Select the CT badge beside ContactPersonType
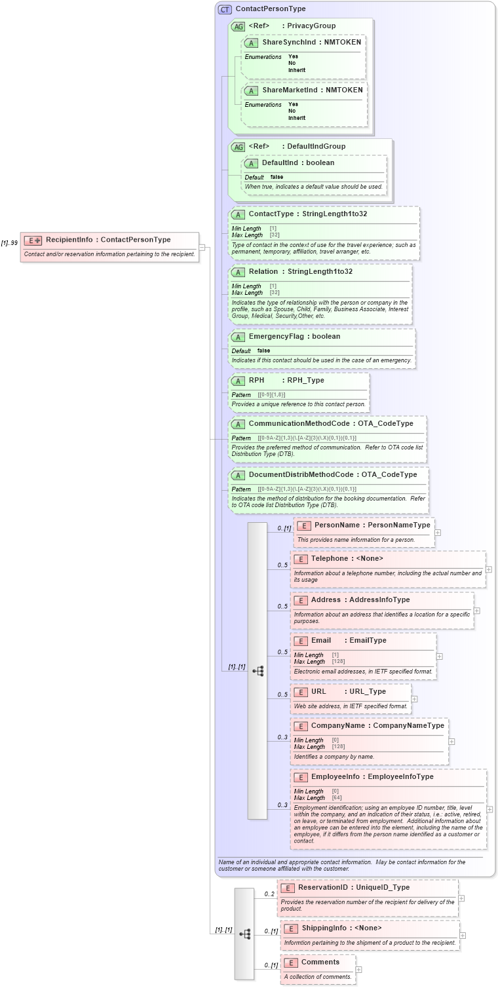(225, 9)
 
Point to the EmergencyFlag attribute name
(276, 336)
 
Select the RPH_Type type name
(305, 380)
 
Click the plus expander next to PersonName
(438, 533)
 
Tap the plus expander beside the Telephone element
(489, 569)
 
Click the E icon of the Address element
(301, 600)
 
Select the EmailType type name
(368, 640)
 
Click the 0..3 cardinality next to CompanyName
(282, 737)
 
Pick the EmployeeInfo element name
(335, 776)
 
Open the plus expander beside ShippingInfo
(463, 936)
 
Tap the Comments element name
(320, 962)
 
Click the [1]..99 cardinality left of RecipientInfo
(9, 243)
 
